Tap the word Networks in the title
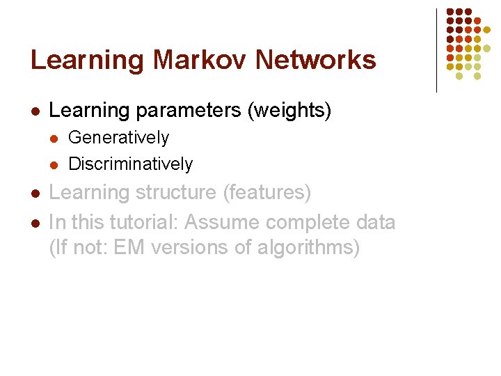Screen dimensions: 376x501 (315, 60)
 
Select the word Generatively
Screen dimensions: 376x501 (118, 138)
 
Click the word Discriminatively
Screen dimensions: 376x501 (130, 164)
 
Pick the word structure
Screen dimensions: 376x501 (176, 193)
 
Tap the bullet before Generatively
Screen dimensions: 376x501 (54, 139)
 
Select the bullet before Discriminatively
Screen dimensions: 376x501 (54, 165)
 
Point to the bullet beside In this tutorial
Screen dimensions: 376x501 (35, 224)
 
